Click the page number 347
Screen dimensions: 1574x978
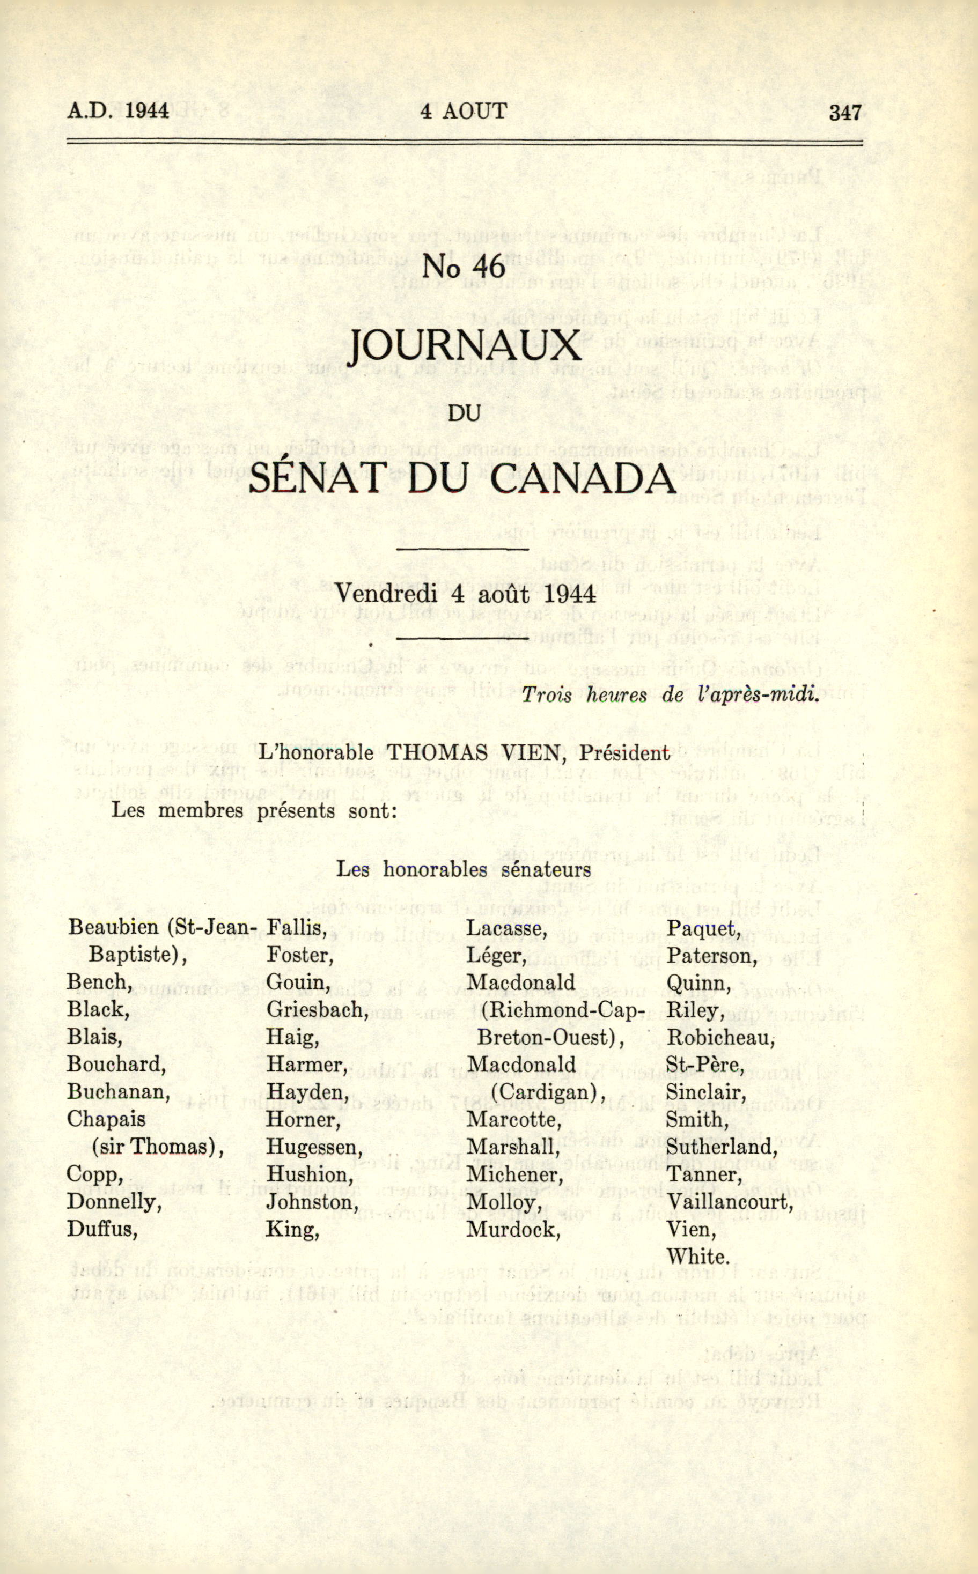(845, 112)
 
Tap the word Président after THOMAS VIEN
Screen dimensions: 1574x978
(624, 753)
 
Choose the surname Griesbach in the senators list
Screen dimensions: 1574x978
(317, 1010)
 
